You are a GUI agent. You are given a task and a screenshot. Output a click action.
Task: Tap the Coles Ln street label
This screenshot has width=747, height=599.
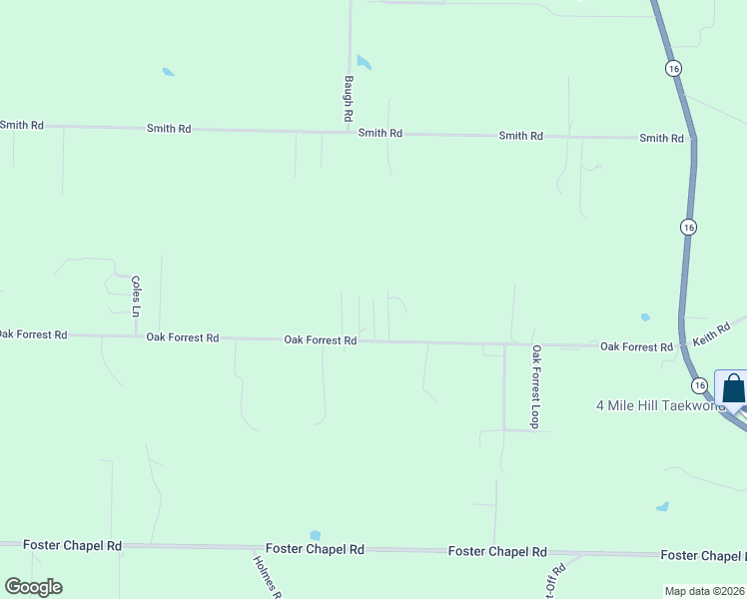click(x=135, y=297)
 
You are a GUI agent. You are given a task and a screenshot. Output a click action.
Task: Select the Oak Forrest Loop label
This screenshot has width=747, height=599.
click(x=536, y=386)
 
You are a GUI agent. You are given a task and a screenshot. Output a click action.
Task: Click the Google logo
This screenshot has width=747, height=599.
click(x=33, y=587)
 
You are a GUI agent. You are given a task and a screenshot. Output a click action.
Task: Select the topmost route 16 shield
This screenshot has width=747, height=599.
click(x=674, y=68)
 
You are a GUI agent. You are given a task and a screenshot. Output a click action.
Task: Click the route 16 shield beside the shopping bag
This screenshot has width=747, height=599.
click(x=699, y=385)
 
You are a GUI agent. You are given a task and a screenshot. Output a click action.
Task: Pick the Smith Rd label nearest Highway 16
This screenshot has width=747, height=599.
click(x=661, y=138)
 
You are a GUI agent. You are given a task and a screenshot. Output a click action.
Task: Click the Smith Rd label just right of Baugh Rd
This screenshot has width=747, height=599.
click(x=380, y=133)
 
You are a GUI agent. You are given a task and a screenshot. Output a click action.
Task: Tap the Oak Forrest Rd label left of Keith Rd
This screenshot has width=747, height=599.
click(x=636, y=346)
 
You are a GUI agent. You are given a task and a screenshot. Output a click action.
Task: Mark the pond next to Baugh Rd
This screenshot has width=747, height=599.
click(x=364, y=62)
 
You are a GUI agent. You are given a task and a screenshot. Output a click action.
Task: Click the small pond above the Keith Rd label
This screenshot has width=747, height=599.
click(x=645, y=316)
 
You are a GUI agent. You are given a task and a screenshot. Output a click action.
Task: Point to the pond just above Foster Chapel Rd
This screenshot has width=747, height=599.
click(x=316, y=535)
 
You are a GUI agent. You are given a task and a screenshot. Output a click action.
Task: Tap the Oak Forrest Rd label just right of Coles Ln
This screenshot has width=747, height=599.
click(x=183, y=337)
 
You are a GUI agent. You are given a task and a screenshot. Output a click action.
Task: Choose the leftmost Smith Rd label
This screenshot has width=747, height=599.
click(x=22, y=125)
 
